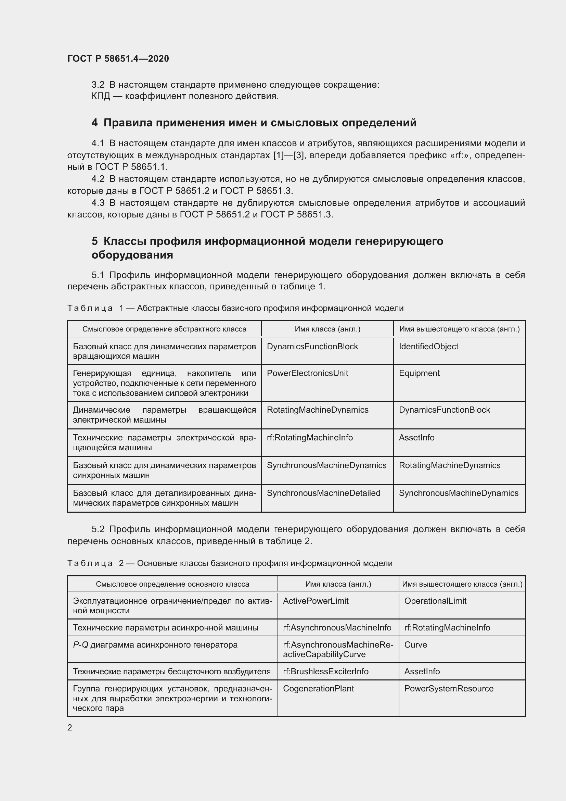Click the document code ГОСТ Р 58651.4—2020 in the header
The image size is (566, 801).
click(118, 59)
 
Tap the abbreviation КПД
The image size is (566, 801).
click(101, 96)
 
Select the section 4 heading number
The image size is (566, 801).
click(94, 123)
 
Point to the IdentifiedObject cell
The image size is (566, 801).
click(428, 347)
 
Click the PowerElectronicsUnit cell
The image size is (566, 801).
click(307, 373)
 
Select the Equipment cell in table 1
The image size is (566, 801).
click(419, 373)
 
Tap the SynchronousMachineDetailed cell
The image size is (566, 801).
click(323, 493)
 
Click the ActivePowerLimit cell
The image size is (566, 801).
click(316, 601)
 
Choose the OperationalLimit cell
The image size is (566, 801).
click(435, 601)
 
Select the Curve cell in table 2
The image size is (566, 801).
click(415, 645)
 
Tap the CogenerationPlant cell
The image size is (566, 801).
click(318, 688)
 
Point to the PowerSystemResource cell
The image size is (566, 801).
click(449, 688)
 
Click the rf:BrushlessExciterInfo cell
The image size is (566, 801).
click(325, 671)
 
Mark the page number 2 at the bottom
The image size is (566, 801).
click(70, 728)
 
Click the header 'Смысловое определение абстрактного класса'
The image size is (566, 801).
click(164, 329)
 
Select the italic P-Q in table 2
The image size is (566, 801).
click(80, 645)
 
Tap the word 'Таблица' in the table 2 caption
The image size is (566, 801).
click(90, 563)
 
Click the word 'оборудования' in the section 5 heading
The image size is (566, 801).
click(132, 255)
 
